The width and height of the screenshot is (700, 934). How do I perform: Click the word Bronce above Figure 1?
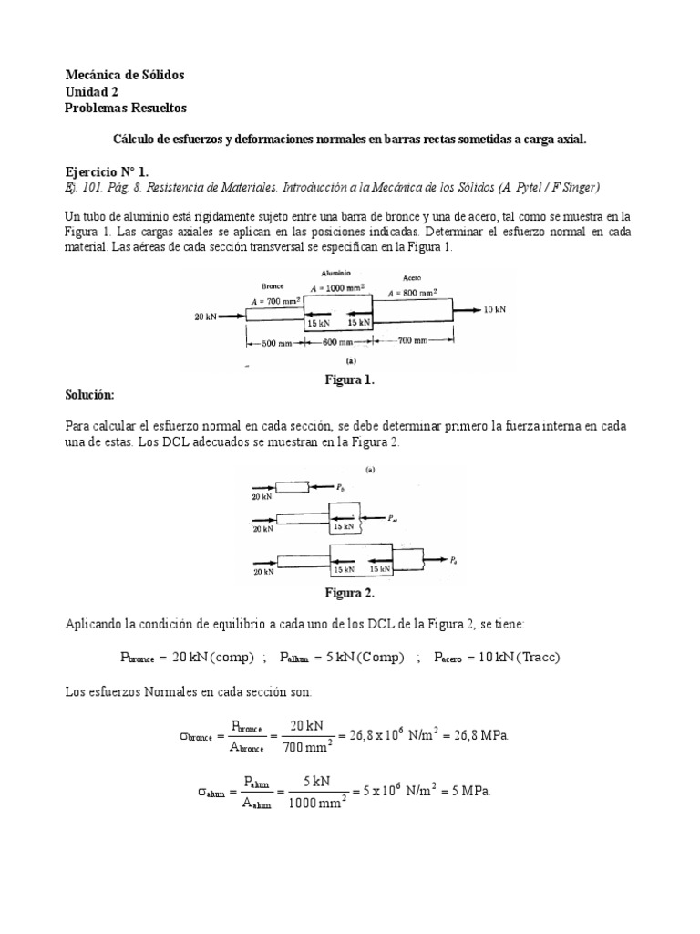pyautogui.click(x=273, y=286)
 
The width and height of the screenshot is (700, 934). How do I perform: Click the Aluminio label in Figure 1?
pyautogui.click(x=336, y=273)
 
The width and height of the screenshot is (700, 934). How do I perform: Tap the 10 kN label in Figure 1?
pyautogui.click(x=495, y=310)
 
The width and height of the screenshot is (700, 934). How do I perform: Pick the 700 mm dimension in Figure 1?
pyautogui.click(x=413, y=341)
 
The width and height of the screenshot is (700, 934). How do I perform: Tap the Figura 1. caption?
pyautogui.click(x=350, y=380)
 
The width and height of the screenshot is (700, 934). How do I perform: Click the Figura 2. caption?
pyautogui.click(x=350, y=593)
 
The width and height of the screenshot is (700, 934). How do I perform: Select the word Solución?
pyautogui.click(x=90, y=395)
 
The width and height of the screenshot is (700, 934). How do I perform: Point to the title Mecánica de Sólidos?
pyautogui.click(x=126, y=75)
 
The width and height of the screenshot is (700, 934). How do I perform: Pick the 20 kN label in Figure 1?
pyautogui.click(x=205, y=317)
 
